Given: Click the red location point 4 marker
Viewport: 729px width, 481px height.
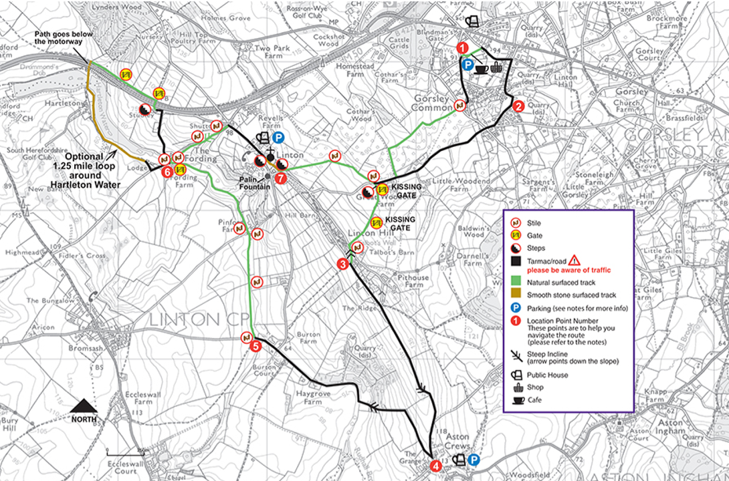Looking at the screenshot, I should click(435, 466).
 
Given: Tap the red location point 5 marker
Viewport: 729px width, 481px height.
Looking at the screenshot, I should click(255, 346).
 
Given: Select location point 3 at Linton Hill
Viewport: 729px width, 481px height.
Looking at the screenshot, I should click(343, 265).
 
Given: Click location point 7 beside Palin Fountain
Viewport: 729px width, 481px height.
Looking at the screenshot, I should click(280, 178).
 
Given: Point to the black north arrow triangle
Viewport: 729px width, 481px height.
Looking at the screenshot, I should click(84, 405).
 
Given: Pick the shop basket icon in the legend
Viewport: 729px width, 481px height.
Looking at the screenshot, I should click(517, 387).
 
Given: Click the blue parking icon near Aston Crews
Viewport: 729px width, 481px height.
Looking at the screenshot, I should click(474, 460).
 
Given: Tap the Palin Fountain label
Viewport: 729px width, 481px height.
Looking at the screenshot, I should click(255, 183).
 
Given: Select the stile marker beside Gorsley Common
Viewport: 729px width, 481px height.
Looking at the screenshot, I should click(460, 105).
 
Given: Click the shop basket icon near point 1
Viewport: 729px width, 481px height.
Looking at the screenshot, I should click(496, 67).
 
